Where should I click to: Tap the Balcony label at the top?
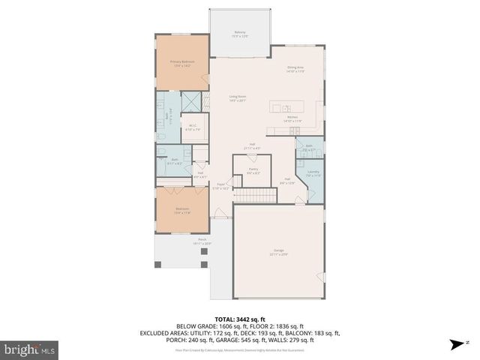coord(240,34)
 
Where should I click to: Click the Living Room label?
coord(238,98)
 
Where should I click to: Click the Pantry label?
coord(253,171)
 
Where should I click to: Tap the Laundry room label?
coord(313,173)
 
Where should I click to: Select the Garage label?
coord(278,253)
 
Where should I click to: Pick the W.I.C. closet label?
coord(193,127)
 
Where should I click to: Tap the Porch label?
coord(181,241)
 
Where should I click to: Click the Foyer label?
coord(221,187)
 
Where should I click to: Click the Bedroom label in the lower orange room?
coord(182,210)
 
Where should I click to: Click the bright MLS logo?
coord(30,349)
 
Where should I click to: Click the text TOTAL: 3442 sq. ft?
coord(240,319)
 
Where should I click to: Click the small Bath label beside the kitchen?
coord(309,147)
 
